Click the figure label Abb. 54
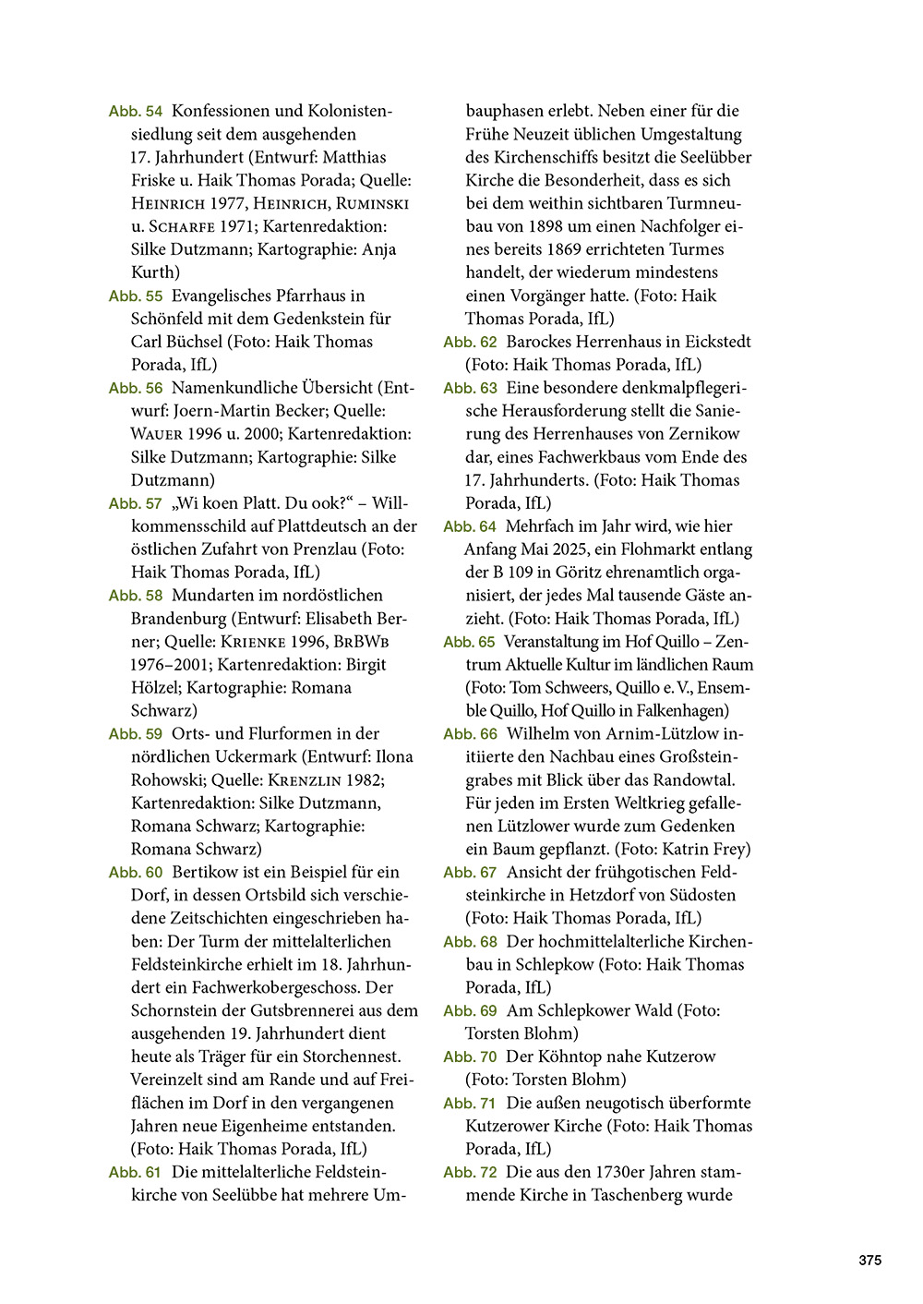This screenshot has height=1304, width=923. coord(135,112)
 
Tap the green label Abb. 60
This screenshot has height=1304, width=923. coord(135,873)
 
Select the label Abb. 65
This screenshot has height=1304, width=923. coord(469,642)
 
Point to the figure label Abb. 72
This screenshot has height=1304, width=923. coord(470,1173)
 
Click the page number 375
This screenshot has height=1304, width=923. coord(869,1261)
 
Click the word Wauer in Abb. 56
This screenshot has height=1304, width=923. coord(157,434)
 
